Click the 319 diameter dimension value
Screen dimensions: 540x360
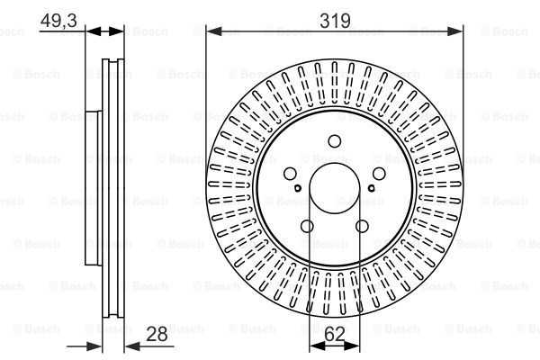pyautogui.click(x=335, y=21)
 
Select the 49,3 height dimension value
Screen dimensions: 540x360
pyautogui.click(x=58, y=21)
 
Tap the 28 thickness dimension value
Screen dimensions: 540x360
pyautogui.click(x=157, y=334)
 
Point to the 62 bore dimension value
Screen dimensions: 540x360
pyautogui.click(x=335, y=334)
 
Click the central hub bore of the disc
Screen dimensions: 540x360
pyautogui.click(x=335, y=188)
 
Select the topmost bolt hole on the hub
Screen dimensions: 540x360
pyautogui.click(x=335, y=141)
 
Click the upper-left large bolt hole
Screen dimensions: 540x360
pyautogui.click(x=290, y=174)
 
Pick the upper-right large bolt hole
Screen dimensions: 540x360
pyautogui.click(x=379, y=174)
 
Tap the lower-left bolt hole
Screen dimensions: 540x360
pyautogui.click(x=307, y=226)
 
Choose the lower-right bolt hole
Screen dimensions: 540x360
pyautogui.click(x=362, y=226)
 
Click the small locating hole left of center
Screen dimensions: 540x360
pyautogui.click(x=298, y=188)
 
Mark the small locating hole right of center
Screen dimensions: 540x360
pyautogui.click(x=371, y=188)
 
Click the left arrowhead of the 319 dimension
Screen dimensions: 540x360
pyautogui.click(x=214, y=31)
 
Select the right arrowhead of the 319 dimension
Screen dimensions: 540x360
pyautogui.click(x=454, y=31)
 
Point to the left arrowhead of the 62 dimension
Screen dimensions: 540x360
pyautogui.click(x=317, y=346)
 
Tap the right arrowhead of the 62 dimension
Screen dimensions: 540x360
pyautogui.click(x=352, y=346)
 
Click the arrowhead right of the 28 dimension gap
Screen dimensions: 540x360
pyautogui.click(x=132, y=346)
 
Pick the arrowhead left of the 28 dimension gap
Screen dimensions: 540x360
pyautogui.click(x=94, y=346)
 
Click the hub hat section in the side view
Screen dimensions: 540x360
pyautogui.click(x=94, y=188)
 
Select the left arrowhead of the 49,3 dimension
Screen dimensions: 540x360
pyautogui.click(x=94, y=31)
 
